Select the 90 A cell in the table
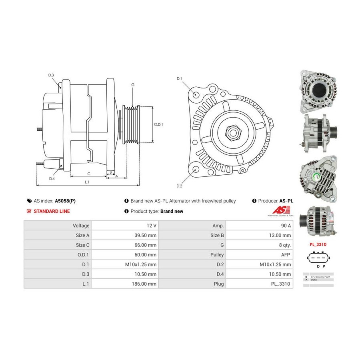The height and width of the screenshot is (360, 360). coord(285,225)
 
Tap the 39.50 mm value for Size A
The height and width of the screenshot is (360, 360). coord(146,235)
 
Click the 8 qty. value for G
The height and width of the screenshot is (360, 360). coord(284,245)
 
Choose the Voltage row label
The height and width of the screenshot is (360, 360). coord(78,225)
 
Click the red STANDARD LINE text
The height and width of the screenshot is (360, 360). coord(52,211)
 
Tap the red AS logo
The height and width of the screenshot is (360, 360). coord(278,210)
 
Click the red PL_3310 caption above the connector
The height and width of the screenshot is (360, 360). coord(318,243)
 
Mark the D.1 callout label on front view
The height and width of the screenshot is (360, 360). coord(179,78)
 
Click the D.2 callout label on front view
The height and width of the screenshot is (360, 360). coord(179,186)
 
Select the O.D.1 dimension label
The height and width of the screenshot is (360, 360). coord(159,124)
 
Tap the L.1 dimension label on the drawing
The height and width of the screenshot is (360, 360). coord(87,182)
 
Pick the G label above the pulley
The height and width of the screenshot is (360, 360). coord(132,84)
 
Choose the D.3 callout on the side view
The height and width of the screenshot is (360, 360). coord(51,75)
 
